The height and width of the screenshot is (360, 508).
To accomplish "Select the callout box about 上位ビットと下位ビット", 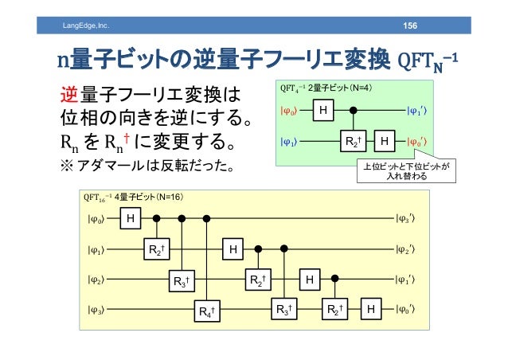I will click(405, 171).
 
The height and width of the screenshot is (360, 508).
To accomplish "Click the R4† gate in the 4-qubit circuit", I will click(209, 310).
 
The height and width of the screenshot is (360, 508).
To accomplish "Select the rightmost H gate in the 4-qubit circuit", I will click(370, 309).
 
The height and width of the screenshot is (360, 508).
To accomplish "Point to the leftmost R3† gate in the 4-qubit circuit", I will click(182, 280).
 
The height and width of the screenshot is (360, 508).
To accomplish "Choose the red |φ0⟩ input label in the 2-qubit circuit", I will click(288, 111).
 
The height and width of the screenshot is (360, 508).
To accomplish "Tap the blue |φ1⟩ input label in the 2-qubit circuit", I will click(288, 143).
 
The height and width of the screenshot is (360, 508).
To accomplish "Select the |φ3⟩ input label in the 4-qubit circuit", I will click(96, 309).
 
